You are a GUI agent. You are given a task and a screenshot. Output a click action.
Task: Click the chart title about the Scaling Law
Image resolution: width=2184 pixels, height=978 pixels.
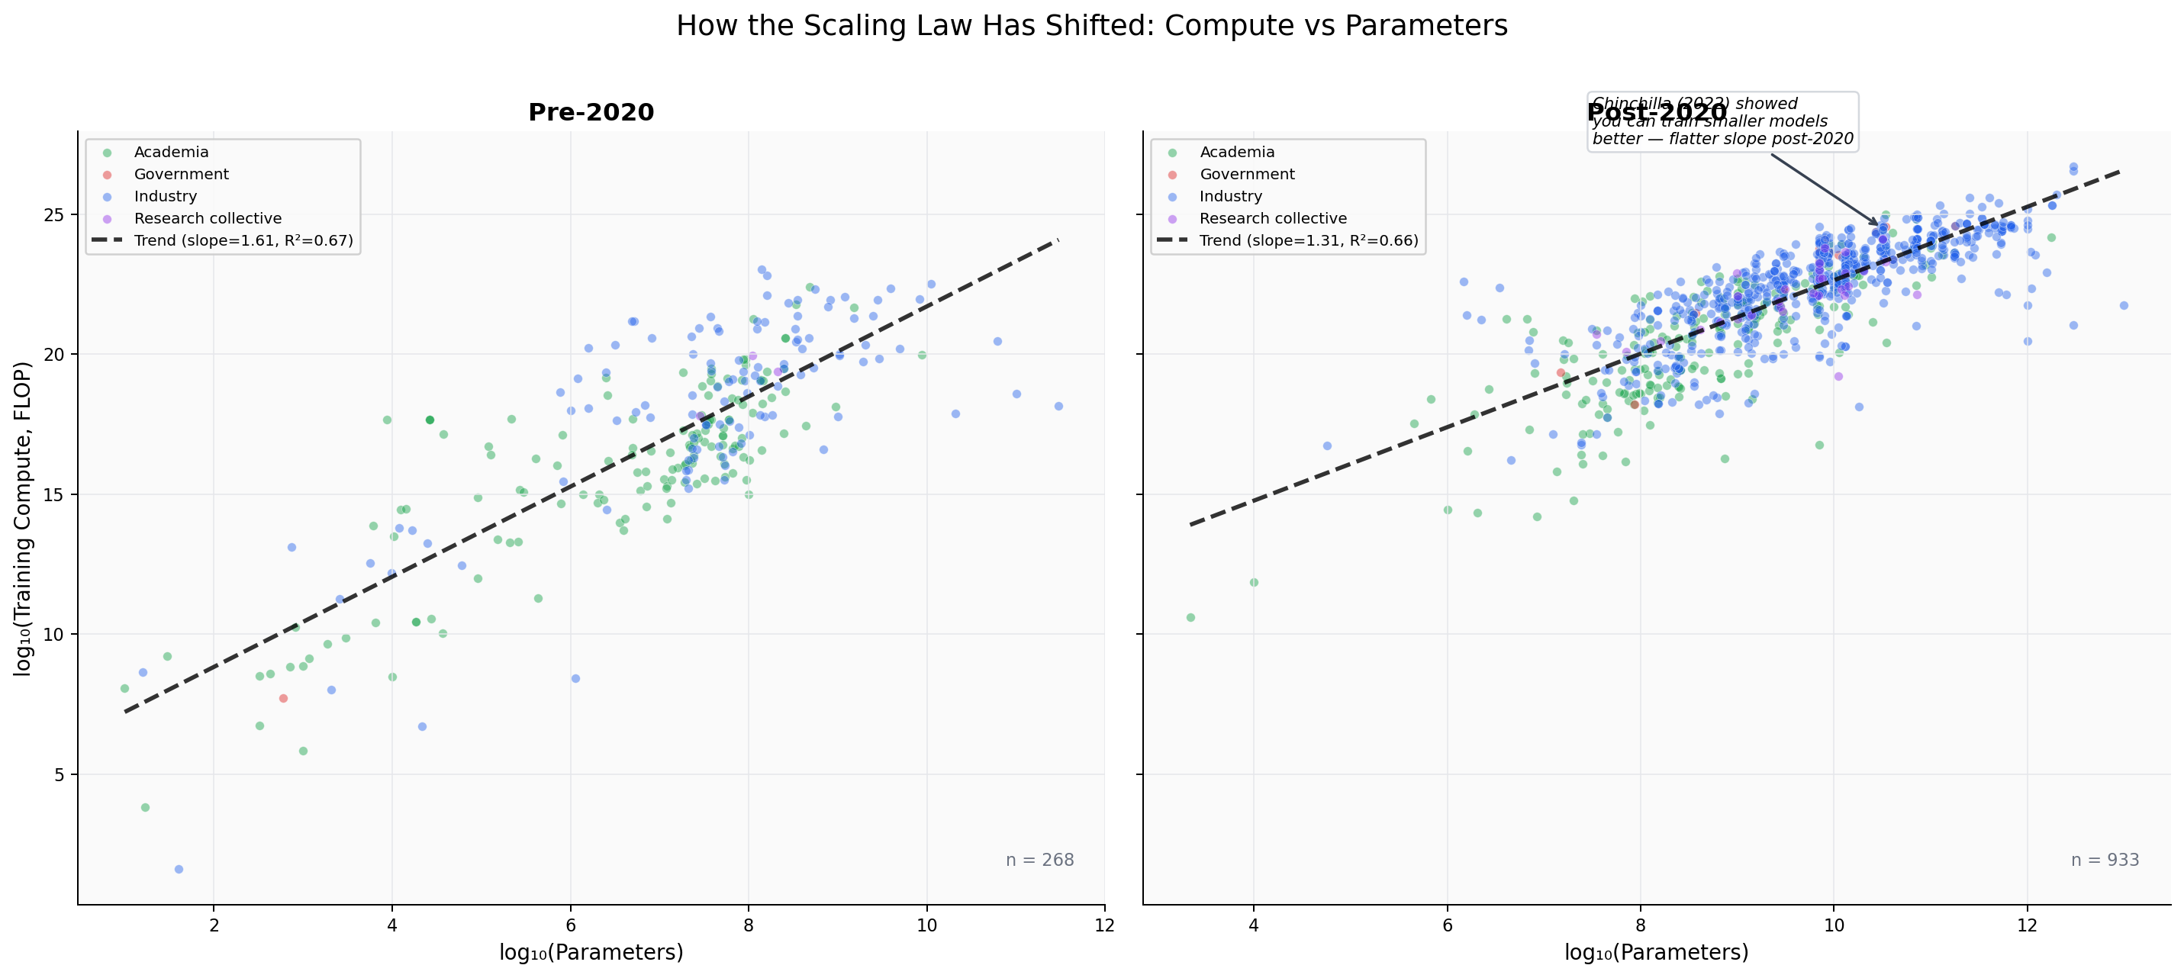[x=1091, y=26]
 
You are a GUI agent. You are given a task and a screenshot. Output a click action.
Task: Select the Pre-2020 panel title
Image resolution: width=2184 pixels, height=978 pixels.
[x=591, y=112]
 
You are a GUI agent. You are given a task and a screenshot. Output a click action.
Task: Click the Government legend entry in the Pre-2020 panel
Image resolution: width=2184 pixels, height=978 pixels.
[x=181, y=174]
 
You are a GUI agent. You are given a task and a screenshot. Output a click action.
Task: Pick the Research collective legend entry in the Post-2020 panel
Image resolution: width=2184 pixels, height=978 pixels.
[x=1272, y=218]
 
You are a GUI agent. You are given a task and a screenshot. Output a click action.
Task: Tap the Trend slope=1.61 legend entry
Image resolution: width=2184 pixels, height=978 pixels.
[x=243, y=240]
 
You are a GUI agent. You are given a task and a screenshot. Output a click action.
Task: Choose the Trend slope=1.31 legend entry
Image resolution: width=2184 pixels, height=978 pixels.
[x=1307, y=240]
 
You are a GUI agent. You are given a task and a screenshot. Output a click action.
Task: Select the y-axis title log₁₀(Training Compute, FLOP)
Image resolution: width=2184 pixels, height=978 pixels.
[x=23, y=518]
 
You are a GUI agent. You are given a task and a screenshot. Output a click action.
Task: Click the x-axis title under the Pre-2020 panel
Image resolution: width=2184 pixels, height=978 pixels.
[x=591, y=952]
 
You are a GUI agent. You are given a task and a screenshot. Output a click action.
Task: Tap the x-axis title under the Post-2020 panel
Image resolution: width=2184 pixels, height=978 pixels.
[x=1656, y=952]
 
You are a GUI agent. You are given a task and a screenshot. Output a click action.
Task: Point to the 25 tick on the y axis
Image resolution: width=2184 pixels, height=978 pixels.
[x=54, y=214]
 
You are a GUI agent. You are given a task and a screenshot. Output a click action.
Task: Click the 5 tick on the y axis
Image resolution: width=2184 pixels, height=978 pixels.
[x=60, y=774]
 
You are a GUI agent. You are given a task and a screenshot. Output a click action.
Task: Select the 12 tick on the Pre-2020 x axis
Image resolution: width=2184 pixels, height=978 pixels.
[x=1104, y=925]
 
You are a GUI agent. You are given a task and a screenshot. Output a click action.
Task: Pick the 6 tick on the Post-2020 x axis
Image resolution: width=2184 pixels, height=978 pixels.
[x=1448, y=925]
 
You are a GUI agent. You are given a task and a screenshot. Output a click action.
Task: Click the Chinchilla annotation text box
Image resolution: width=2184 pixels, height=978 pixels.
[x=1721, y=121]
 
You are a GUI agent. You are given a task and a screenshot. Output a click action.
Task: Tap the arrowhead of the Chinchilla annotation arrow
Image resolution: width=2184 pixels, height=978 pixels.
[x=1877, y=224]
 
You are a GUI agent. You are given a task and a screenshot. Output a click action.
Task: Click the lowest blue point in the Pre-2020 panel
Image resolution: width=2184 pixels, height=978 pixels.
[x=179, y=869]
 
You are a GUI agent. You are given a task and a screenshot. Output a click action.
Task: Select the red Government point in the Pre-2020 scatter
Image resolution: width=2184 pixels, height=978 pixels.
[x=283, y=698]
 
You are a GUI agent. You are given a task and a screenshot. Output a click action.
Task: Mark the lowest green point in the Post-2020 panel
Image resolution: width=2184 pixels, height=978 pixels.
[x=1190, y=617]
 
